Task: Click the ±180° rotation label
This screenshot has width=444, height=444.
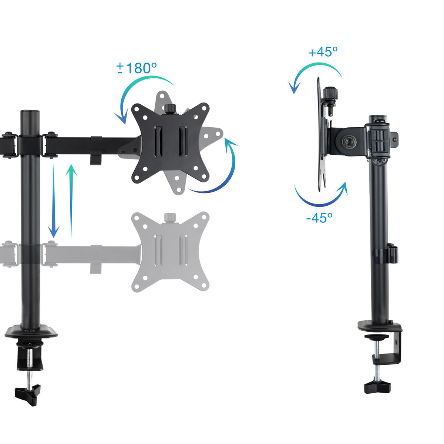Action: (x=137, y=68)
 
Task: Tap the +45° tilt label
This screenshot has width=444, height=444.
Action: (x=323, y=52)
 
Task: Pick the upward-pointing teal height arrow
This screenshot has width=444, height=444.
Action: (x=71, y=200)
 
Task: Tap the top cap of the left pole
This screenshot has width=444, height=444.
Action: (x=30, y=112)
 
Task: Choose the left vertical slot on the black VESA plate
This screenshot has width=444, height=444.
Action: (x=158, y=140)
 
